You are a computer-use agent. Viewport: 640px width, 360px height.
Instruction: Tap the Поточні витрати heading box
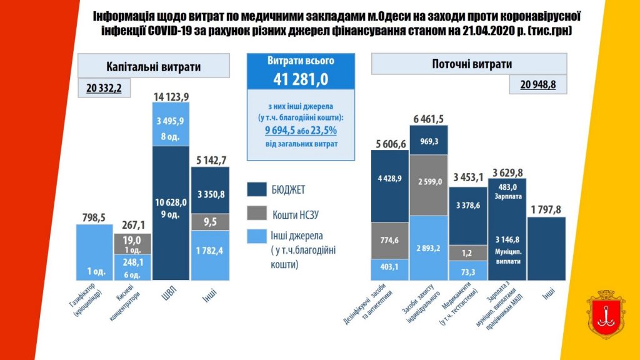[469, 64]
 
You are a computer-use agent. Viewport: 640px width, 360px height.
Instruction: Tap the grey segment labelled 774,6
[389, 240]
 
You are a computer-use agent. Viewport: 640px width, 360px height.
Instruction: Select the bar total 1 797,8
[546, 209]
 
